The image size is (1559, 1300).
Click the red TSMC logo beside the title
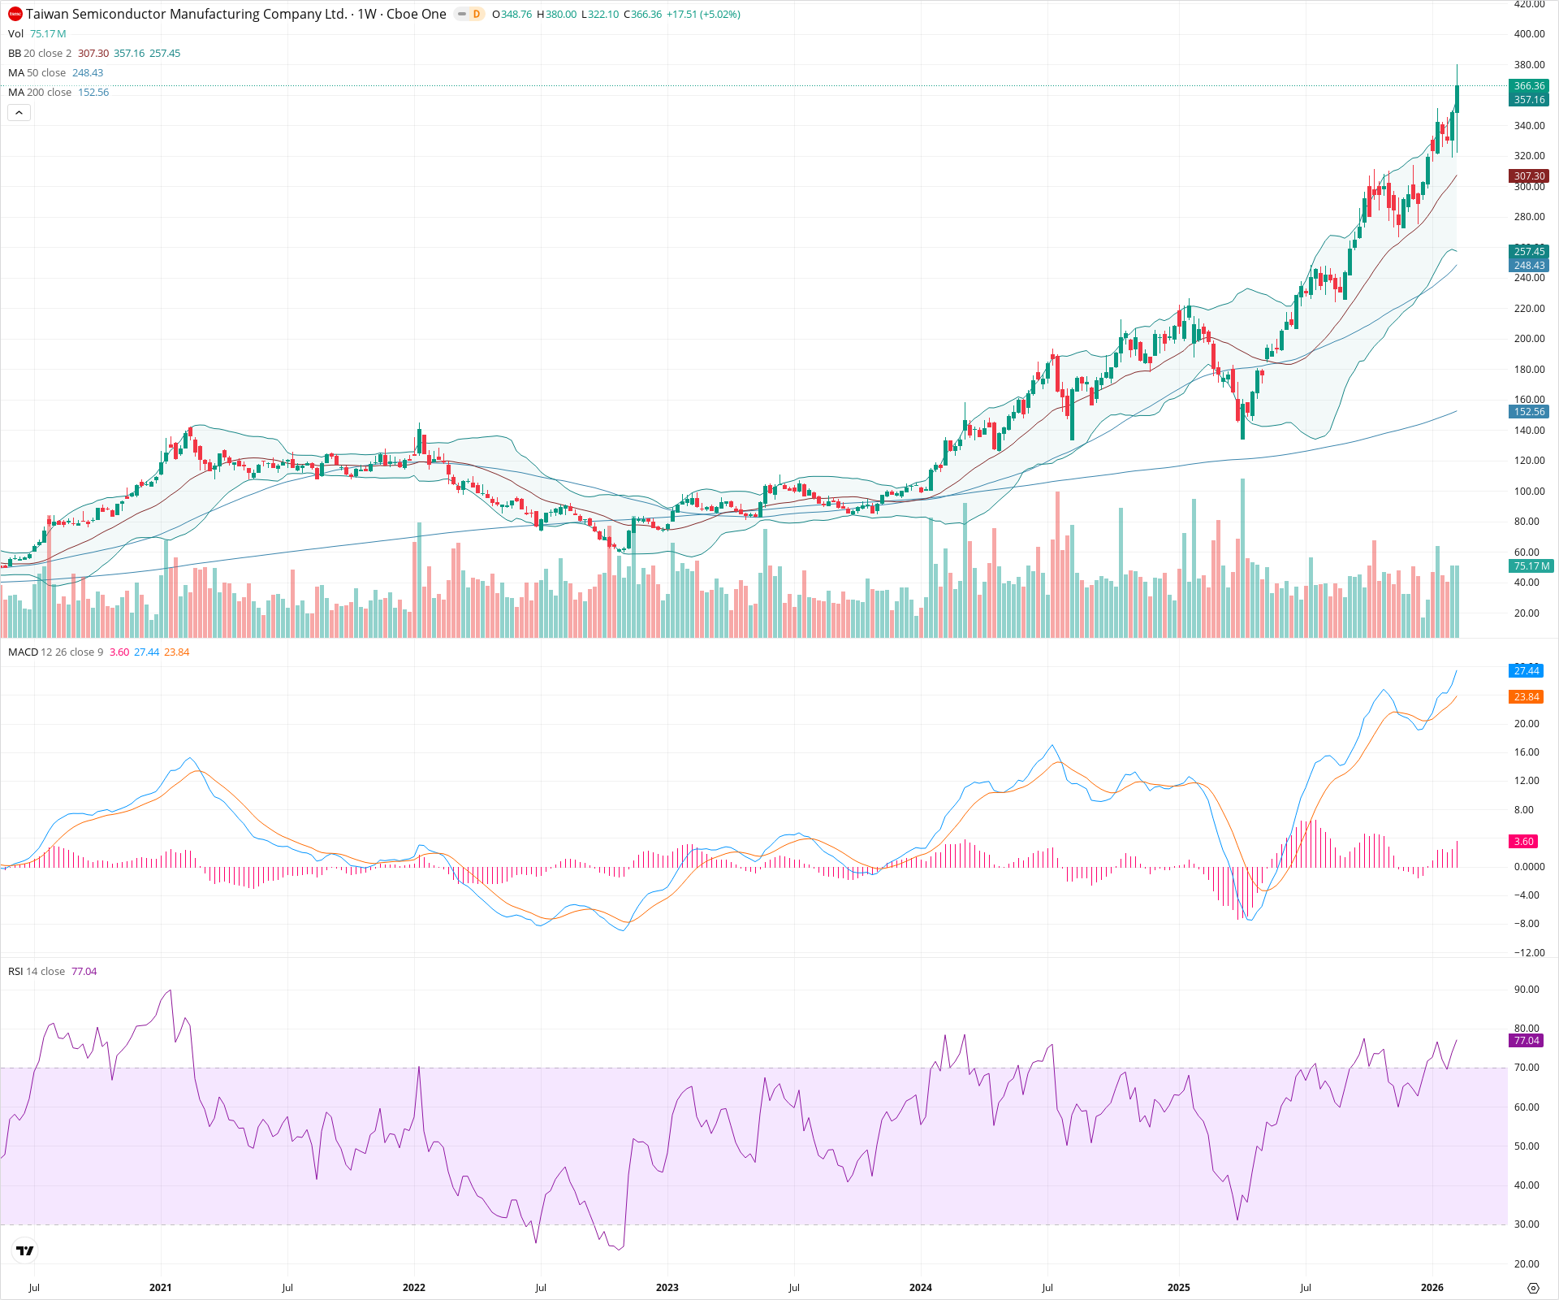pyautogui.click(x=15, y=14)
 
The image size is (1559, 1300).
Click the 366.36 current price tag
pyautogui.click(x=1529, y=86)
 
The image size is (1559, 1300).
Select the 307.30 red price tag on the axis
pyautogui.click(x=1529, y=176)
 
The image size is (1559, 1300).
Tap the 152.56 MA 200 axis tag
pyautogui.click(x=1529, y=412)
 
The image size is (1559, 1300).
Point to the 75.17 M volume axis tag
pyautogui.click(x=1531, y=566)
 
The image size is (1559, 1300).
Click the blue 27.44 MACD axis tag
pyautogui.click(x=1527, y=671)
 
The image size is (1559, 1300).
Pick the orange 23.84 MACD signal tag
pyautogui.click(x=1527, y=697)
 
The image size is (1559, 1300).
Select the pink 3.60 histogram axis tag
pyautogui.click(x=1524, y=842)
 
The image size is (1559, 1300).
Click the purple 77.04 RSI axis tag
pyautogui.click(x=1527, y=1041)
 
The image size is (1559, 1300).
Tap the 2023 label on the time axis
pyautogui.click(x=667, y=1288)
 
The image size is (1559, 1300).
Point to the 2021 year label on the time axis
pyautogui.click(x=161, y=1288)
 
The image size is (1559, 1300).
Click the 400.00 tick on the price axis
pyautogui.click(x=1529, y=34)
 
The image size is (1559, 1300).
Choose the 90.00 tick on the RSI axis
pyautogui.click(x=1527, y=990)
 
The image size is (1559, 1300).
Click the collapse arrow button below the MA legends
pyautogui.click(x=19, y=113)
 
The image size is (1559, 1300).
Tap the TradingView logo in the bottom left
pyautogui.click(x=25, y=1250)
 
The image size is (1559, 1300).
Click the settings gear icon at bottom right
pyautogui.click(x=1533, y=1289)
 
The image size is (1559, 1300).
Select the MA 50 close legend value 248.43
pyautogui.click(x=88, y=73)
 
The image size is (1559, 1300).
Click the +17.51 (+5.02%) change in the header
pyautogui.click(x=703, y=15)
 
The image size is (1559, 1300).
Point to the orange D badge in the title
pyautogui.click(x=476, y=14)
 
